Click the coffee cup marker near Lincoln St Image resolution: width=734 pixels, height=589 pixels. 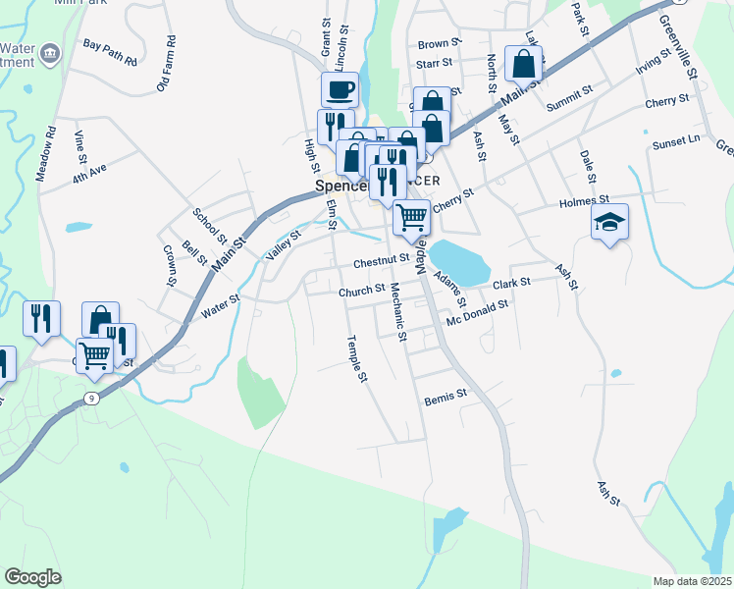340,90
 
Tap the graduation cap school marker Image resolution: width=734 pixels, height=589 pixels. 609,223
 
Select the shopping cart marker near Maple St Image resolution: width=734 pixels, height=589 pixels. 412,216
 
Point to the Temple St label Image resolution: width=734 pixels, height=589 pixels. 357,359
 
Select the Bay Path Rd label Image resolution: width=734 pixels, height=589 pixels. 110,52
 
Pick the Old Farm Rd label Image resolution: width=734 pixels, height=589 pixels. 166,65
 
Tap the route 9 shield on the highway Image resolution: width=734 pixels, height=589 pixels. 91,398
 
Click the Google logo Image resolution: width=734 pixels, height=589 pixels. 32,577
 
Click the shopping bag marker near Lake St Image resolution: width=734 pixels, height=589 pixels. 524,64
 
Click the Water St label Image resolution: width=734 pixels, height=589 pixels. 220,306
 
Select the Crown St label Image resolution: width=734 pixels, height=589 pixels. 169,265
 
